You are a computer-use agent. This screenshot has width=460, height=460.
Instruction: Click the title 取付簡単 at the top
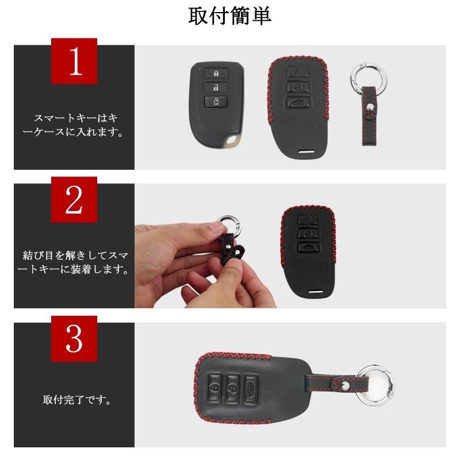click(230, 16)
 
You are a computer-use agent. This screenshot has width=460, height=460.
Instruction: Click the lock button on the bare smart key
click(214, 73)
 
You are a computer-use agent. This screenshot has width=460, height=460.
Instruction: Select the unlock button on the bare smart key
click(214, 87)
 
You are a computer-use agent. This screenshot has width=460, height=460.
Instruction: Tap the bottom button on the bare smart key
click(214, 102)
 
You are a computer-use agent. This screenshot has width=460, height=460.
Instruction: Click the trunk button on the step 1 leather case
click(298, 102)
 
